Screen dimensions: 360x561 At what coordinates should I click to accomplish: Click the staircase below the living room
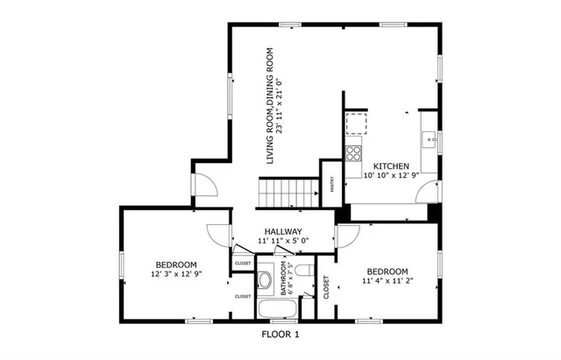tap(286, 191)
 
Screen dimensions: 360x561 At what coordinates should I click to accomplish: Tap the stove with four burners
tap(354, 154)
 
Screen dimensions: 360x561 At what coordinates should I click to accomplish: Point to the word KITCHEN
tap(391, 166)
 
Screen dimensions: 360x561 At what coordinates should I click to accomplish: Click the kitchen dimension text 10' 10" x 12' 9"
tap(391, 175)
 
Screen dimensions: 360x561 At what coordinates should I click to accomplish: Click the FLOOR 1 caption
tap(280, 335)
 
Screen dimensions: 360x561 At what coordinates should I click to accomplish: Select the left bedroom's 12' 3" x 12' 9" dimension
tap(176, 273)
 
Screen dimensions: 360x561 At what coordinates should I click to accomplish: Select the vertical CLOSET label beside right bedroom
tap(326, 286)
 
